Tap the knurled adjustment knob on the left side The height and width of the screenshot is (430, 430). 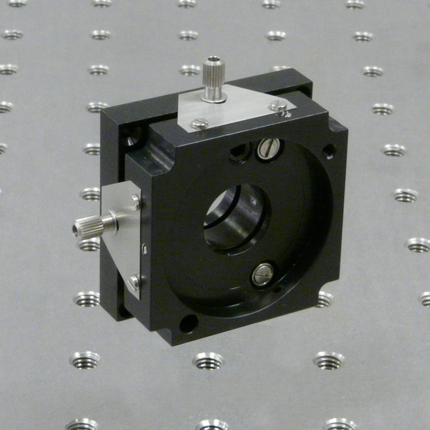pos(90,227)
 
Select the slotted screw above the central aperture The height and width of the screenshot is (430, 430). pos(268,148)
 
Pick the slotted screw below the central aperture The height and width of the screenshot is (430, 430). pos(262,275)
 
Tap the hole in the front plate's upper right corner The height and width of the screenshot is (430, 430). pos(329,150)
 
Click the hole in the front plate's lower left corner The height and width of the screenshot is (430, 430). pos(189,323)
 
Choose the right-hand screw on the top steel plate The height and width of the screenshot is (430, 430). pos(278,105)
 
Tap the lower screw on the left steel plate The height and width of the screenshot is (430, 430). pos(133,282)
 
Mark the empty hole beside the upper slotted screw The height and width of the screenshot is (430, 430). pos(240,152)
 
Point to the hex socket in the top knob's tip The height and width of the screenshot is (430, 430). pos(213,59)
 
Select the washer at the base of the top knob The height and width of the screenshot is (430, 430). pos(214,98)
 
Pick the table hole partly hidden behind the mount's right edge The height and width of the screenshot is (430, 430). pos(325,299)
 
